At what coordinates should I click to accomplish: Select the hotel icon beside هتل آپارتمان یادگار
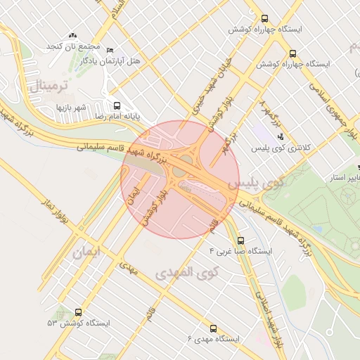click(x=110, y=49)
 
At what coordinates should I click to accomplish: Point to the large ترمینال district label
click(x=48, y=86)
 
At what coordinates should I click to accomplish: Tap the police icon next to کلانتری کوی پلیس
click(x=281, y=136)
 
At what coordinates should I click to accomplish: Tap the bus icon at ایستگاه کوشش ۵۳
click(x=77, y=312)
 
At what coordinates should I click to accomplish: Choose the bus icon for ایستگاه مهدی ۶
click(x=214, y=328)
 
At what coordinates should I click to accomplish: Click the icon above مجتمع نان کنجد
click(x=72, y=35)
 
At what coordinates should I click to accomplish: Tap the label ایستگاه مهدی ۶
click(x=214, y=339)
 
